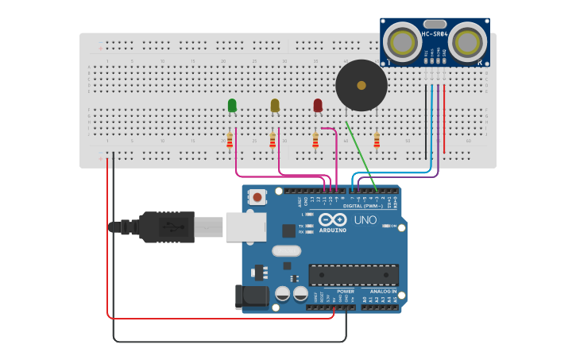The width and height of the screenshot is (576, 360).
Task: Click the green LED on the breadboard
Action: (x=232, y=106)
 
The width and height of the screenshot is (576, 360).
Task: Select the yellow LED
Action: (x=275, y=106)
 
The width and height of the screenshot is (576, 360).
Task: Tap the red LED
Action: (x=318, y=106)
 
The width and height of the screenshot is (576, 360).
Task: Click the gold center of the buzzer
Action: (x=361, y=85)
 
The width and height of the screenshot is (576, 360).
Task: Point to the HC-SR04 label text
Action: (x=435, y=33)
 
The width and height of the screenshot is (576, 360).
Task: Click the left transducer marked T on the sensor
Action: (x=404, y=41)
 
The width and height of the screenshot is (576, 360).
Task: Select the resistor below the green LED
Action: (x=230, y=141)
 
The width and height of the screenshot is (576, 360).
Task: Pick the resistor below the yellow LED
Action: (x=273, y=141)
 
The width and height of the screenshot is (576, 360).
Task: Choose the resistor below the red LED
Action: (x=315, y=141)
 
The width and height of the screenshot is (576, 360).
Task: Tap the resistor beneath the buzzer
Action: (x=377, y=141)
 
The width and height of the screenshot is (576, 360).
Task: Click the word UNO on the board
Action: (x=365, y=219)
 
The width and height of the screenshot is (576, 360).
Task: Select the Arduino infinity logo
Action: (x=332, y=219)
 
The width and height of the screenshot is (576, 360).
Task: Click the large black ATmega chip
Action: (x=354, y=274)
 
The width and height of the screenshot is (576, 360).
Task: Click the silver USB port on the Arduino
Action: (x=245, y=226)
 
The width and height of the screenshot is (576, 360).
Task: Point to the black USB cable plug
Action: (x=166, y=226)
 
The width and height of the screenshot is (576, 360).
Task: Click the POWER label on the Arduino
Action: (x=346, y=291)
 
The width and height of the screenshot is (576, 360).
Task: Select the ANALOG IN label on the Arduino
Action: (x=382, y=291)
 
